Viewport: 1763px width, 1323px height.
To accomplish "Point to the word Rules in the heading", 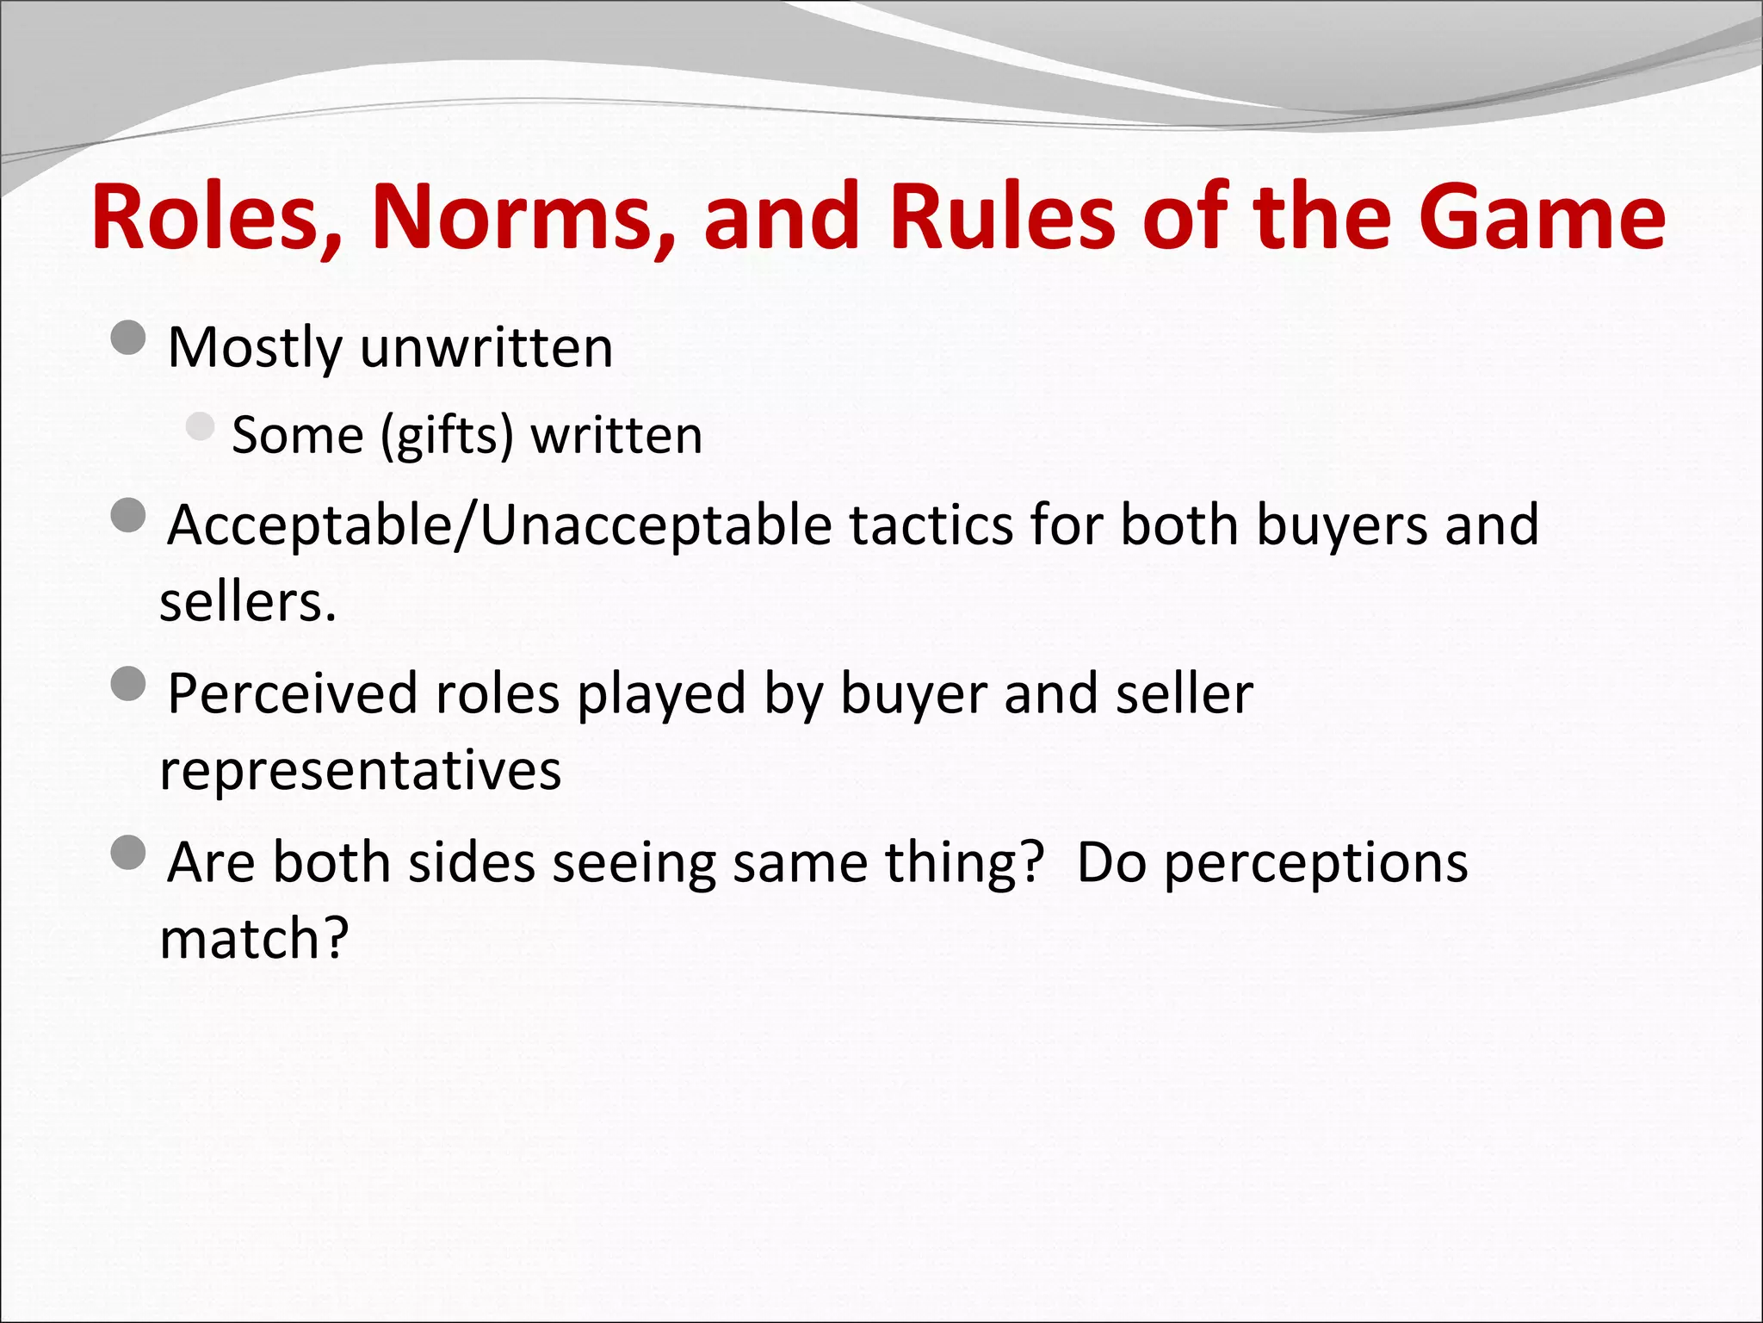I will (1004, 217).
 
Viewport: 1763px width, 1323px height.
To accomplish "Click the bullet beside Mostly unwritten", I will (128, 338).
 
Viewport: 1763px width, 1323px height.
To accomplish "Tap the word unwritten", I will (486, 348).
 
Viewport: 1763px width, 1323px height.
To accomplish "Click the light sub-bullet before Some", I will (200, 426).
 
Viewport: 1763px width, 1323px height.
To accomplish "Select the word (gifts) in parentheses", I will (447, 436).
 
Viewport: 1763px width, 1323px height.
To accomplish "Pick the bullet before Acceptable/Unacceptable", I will (128, 516).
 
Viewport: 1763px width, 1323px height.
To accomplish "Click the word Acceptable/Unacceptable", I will (500, 525).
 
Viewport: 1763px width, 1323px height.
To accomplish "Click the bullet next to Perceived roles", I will (128, 684).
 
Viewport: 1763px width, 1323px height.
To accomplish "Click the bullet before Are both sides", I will (128, 853).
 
